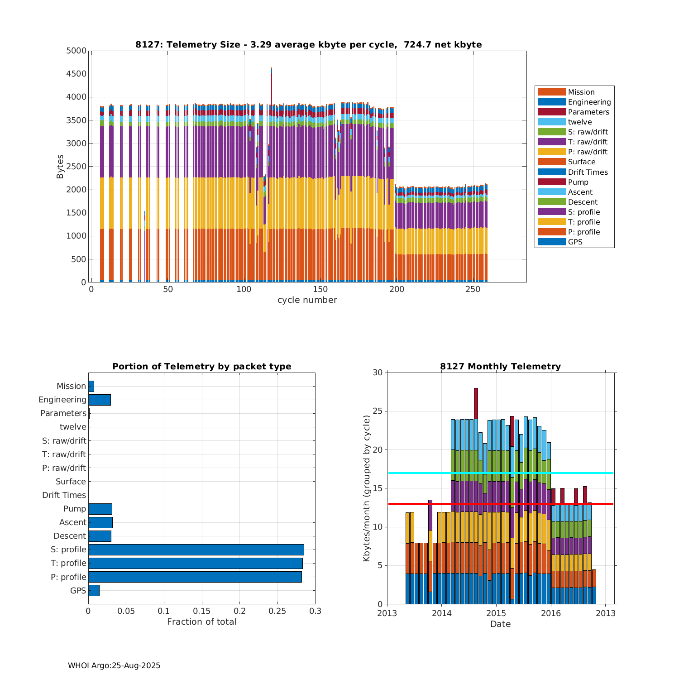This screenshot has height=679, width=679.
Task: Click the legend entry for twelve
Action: pyautogui.click(x=579, y=122)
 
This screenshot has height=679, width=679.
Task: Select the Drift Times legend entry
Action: pyautogui.click(x=588, y=172)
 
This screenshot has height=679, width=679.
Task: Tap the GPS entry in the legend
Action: pyautogui.click(x=575, y=242)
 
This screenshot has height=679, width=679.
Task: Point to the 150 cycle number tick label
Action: pyautogui.click(x=320, y=289)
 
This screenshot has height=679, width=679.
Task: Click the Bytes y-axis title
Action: pyautogui.click(x=60, y=167)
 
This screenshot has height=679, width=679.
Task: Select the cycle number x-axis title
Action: pyautogui.click(x=307, y=300)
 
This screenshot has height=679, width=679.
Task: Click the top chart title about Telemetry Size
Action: pyautogui.click(x=308, y=44)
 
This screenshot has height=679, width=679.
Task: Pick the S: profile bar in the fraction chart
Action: pyautogui.click(x=196, y=550)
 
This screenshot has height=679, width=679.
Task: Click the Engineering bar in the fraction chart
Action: pyautogui.click(x=100, y=400)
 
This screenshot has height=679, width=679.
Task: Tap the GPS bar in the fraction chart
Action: pyautogui.click(x=94, y=590)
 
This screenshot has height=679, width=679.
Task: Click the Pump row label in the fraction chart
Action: pyautogui.click(x=74, y=509)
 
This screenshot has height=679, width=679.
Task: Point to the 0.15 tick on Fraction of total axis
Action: pyautogui.click(x=202, y=611)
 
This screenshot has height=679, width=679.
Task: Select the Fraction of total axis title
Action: pyautogui.click(x=202, y=622)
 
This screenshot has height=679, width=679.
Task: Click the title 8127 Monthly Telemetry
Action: pyautogui.click(x=500, y=366)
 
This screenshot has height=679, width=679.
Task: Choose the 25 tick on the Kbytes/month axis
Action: pyautogui.click(x=378, y=411)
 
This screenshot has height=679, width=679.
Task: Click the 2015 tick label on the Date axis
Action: pyautogui.click(x=496, y=613)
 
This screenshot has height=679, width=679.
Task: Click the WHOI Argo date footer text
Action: pyautogui.click(x=114, y=665)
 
